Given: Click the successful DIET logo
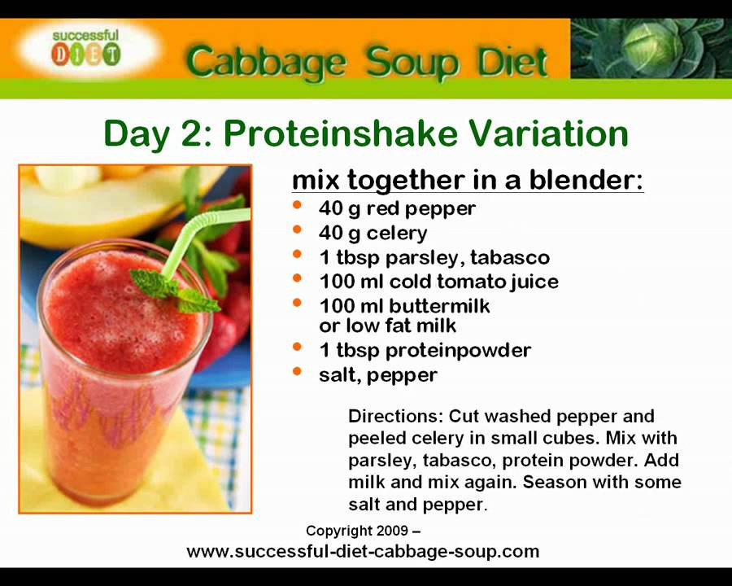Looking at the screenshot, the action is pyautogui.click(x=86, y=48).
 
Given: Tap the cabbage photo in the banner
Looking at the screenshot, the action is pyautogui.click(x=651, y=48).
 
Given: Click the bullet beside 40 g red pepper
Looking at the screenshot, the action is pyautogui.click(x=297, y=205).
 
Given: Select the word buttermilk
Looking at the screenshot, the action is pyautogui.click(x=439, y=306).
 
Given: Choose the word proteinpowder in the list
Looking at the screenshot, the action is pyautogui.click(x=459, y=351).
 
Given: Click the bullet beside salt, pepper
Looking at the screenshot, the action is pyautogui.click(x=297, y=371).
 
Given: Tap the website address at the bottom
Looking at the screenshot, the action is pyautogui.click(x=363, y=552).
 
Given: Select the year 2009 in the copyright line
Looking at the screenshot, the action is pyautogui.click(x=392, y=531).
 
